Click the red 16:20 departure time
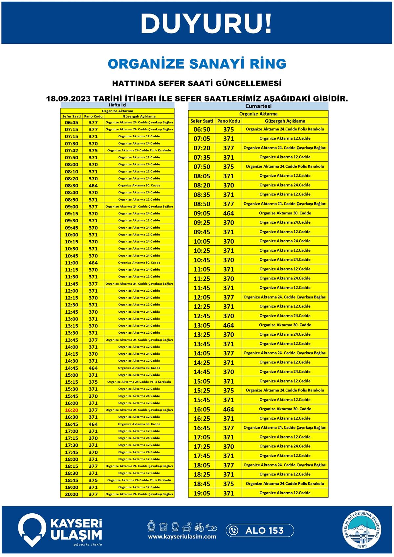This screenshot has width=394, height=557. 72,410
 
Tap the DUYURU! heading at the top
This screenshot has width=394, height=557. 206,24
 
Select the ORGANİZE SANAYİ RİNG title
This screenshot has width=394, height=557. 197,64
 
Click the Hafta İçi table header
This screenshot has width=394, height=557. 117,105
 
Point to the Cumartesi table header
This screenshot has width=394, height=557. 258,106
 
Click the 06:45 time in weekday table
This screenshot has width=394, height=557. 72,123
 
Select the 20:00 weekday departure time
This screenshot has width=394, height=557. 72,494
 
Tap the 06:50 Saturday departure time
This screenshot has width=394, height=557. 202,129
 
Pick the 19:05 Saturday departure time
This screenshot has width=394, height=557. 202,493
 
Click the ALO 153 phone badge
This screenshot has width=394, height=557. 260,530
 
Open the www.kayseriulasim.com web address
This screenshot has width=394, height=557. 182,537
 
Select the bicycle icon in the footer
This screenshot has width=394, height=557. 199,527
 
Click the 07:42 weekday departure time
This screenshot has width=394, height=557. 72,150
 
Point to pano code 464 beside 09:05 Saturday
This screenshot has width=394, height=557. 229,213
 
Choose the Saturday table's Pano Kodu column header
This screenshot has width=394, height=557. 229,121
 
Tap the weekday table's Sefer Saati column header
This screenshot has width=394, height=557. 72,116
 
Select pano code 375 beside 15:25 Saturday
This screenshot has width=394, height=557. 229,390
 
